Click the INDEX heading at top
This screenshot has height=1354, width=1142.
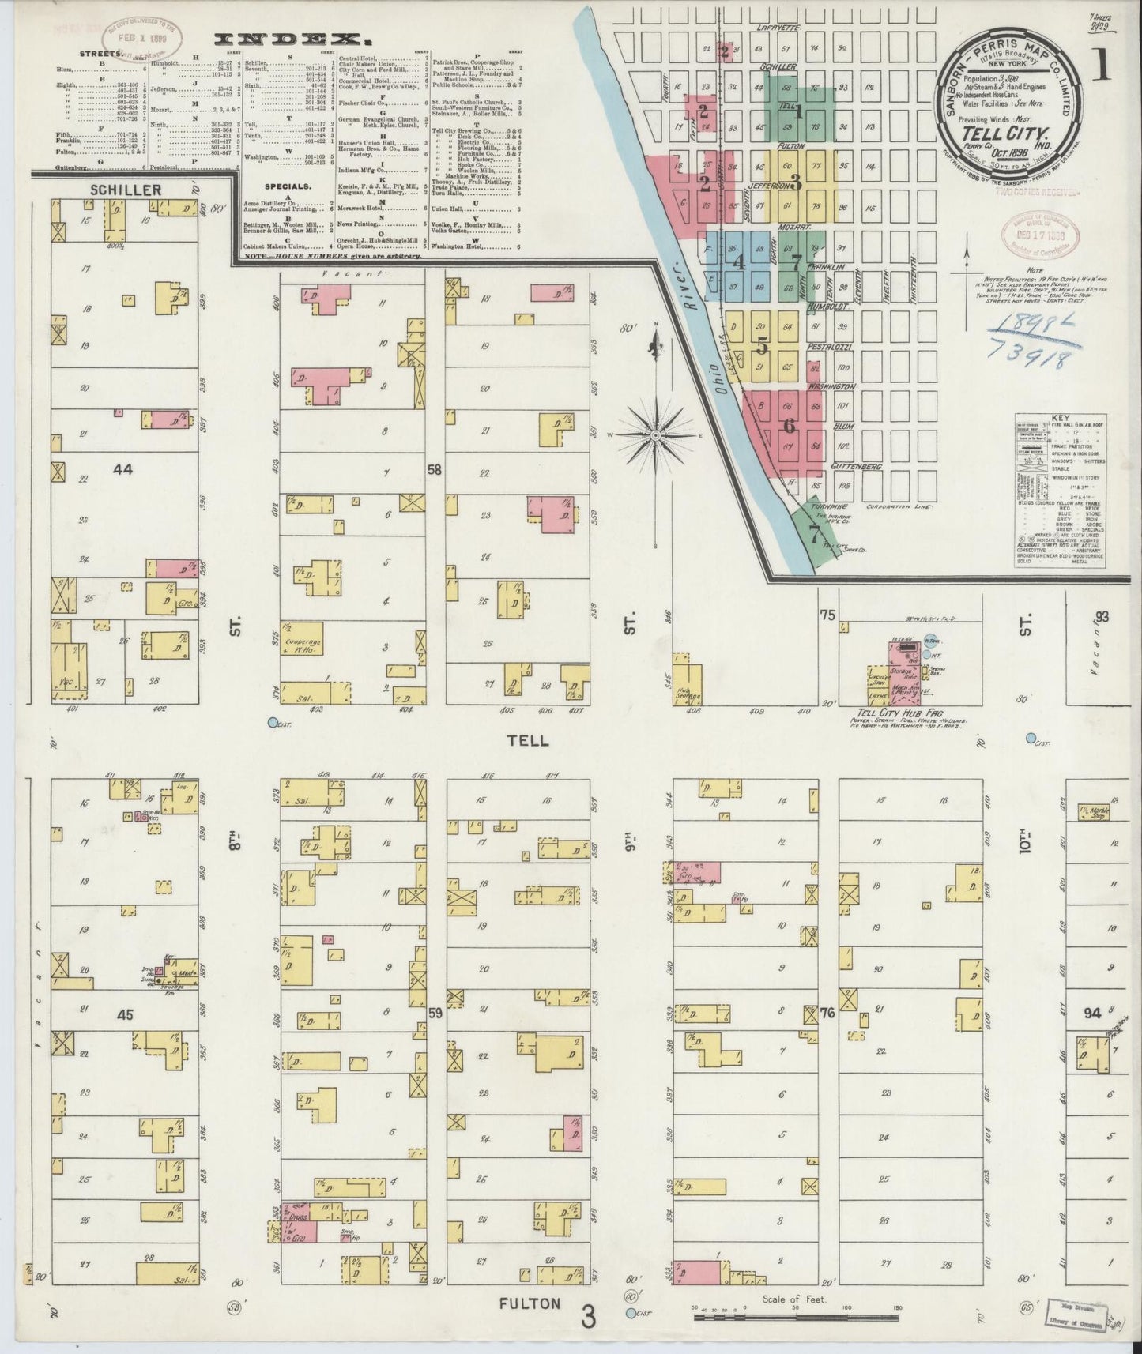(x=293, y=39)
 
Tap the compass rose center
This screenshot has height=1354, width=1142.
(x=657, y=434)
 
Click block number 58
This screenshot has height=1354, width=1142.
(x=435, y=471)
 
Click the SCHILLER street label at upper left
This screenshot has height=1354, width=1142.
(x=126, y=190)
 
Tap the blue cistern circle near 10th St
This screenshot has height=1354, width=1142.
(x=1031, y=738)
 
